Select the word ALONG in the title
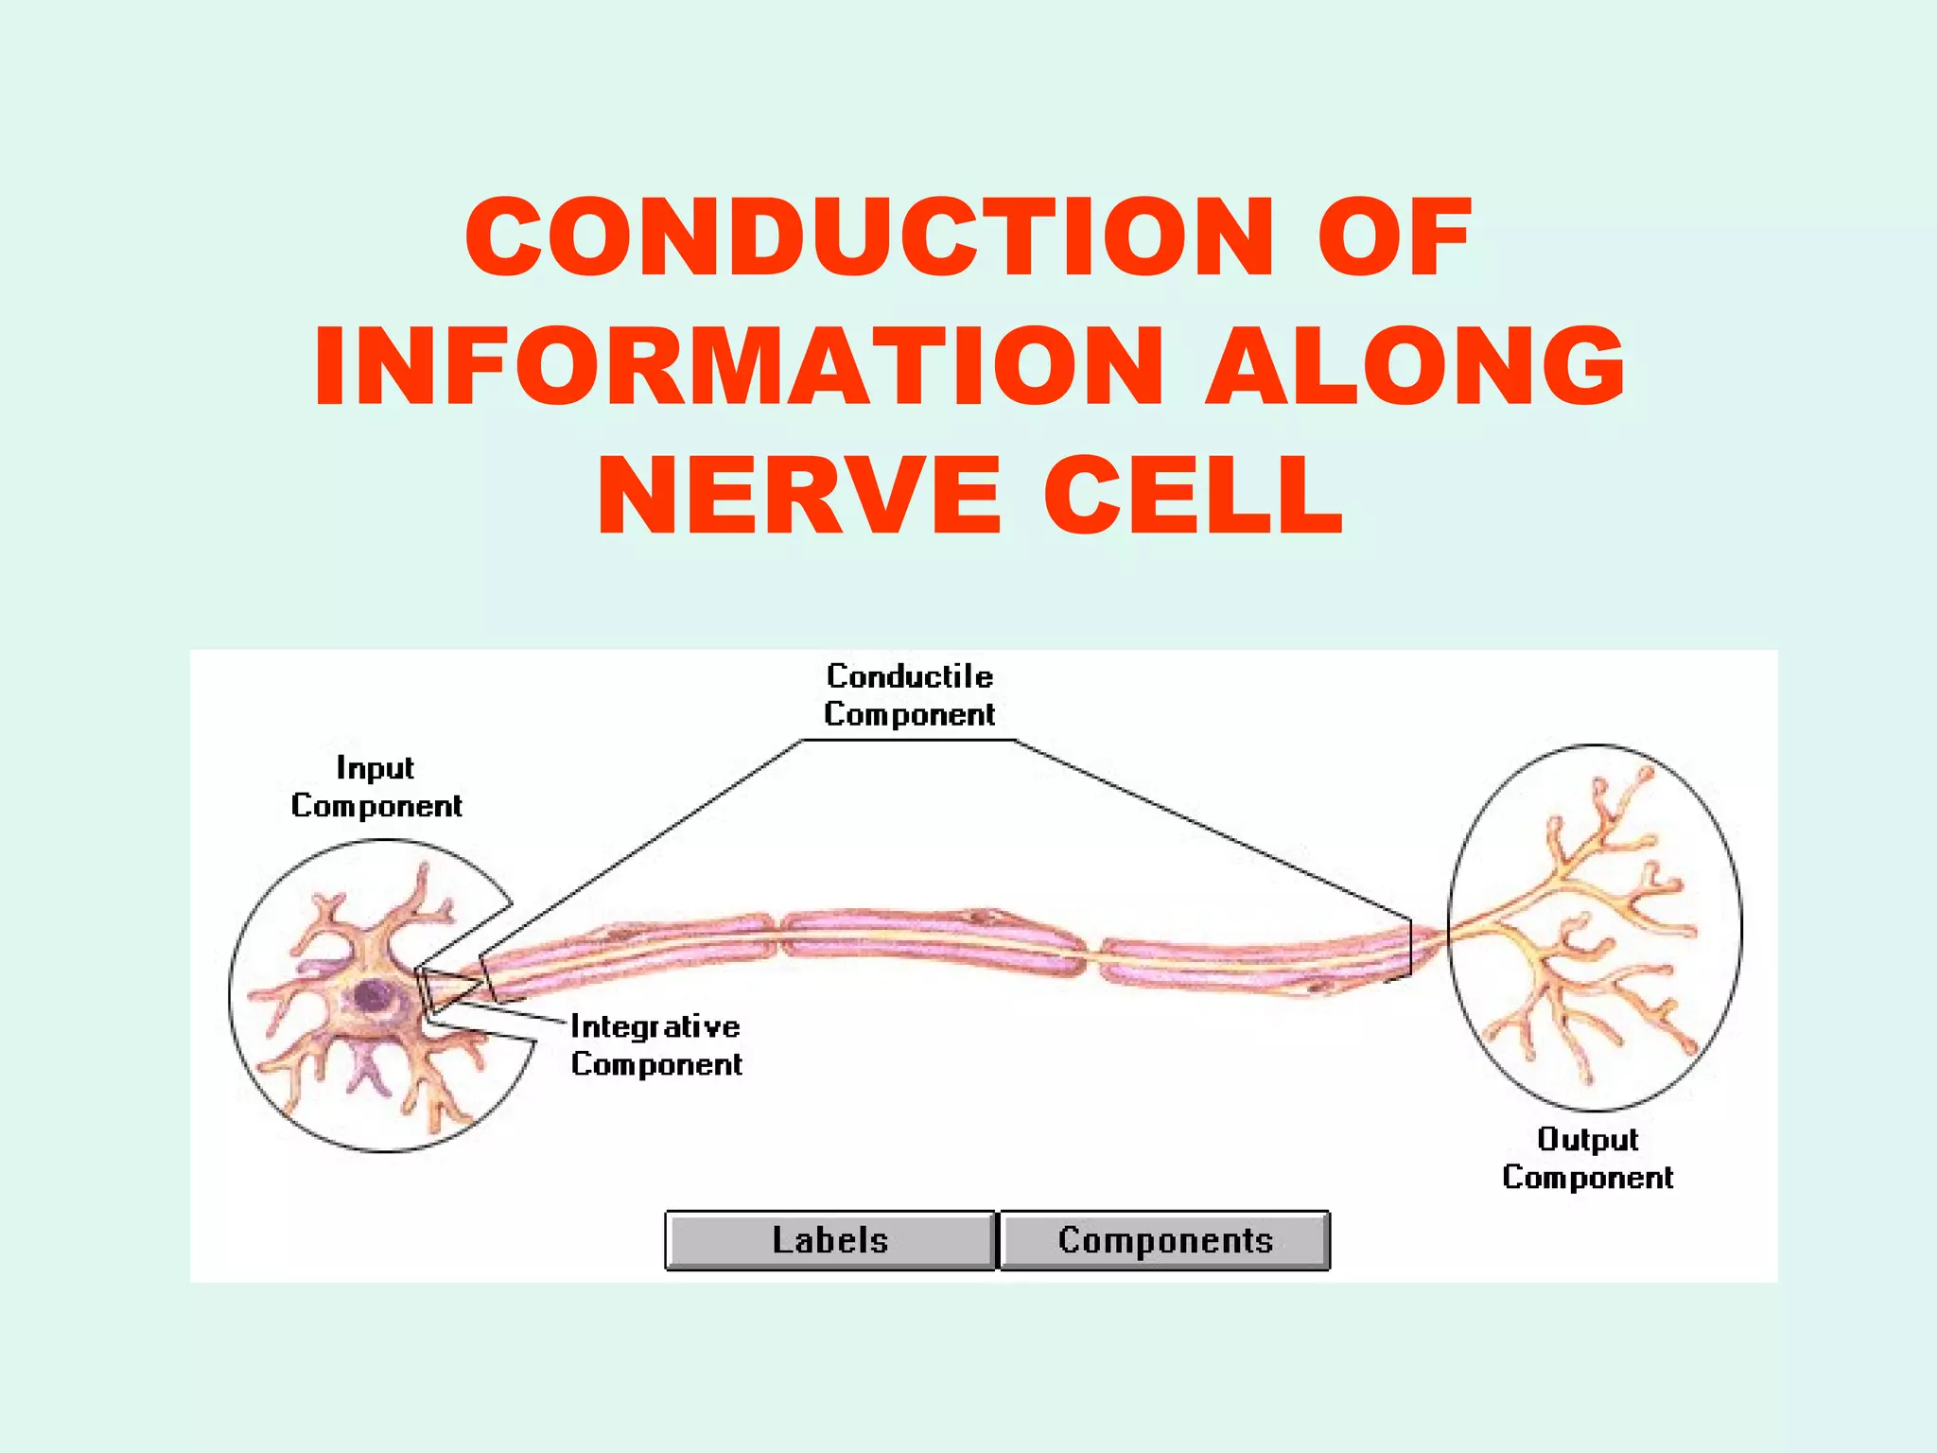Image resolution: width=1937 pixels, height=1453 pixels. pos(1415,367)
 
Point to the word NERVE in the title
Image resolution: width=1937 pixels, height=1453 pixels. pos(798,496)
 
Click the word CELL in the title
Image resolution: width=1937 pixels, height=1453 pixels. pos(1193,496)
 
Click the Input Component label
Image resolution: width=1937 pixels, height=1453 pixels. pos(375,787)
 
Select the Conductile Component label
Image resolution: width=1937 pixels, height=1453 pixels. pos(909,695)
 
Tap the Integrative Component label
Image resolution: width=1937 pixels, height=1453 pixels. pos(655,1045)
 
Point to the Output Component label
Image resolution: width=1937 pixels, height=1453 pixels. pos(1587,1158)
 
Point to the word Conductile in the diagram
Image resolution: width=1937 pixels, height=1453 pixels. pos(909,676)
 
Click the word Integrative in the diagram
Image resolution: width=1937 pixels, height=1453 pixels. pos(655,1027)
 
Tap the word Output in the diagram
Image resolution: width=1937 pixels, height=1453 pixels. pos(1587,1139)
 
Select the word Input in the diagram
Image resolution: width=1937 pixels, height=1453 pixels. pos(375,768)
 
